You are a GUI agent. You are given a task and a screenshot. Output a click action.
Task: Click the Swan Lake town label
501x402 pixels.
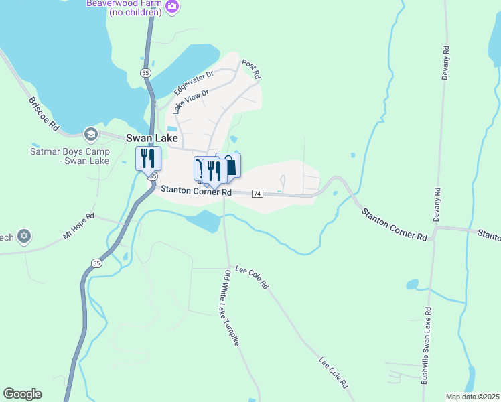[x=152, y=138]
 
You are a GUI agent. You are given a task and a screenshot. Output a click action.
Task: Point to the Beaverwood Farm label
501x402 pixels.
[x=124, y=7]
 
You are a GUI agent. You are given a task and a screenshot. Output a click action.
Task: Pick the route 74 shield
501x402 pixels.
[x=257, y=194]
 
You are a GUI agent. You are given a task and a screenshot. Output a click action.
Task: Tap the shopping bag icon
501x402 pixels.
[x=229, y=165]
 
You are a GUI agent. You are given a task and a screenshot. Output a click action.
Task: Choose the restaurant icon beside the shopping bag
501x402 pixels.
[x=214, y=170]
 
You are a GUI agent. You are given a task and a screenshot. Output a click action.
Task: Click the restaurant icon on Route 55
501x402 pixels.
[x=148, y=159]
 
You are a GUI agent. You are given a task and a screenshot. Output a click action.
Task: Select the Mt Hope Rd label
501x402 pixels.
[x=79, y=226]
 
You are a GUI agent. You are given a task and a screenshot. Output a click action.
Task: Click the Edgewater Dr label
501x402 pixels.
[x=193, y=82]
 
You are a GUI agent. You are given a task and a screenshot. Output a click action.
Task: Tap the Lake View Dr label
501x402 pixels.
[x=191, y=100]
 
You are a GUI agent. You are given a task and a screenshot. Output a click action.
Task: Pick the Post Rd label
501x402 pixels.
[x=250, y=68]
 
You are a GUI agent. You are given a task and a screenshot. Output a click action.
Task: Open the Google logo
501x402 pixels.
[x=22, y=394]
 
